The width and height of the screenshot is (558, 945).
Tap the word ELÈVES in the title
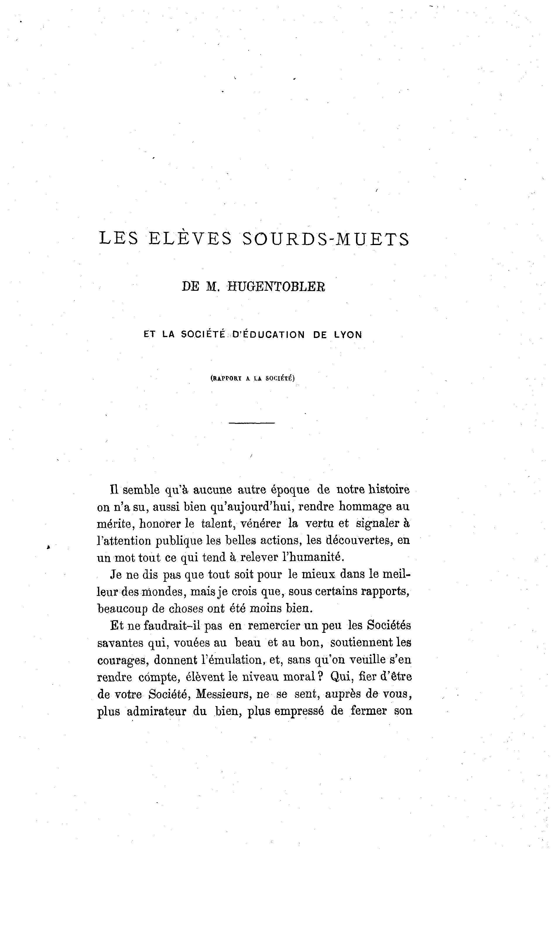(x=190, y=239)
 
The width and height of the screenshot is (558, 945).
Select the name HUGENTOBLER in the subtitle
(x=276, y=287)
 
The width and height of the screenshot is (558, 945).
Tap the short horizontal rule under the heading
(x=251, y=423)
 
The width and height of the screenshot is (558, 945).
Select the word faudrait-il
(x=172, y=626)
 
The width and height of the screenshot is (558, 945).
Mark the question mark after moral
(x=320, y=677)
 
